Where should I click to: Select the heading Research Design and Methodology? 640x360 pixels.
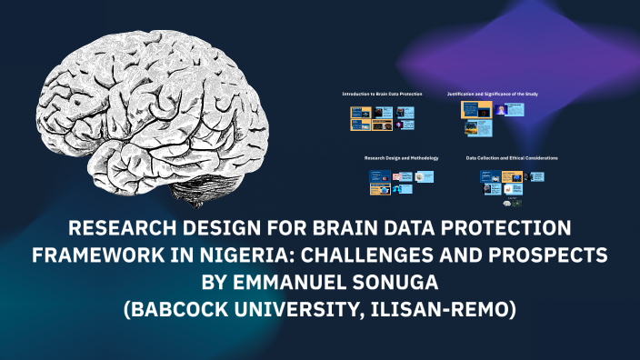coord(401,158)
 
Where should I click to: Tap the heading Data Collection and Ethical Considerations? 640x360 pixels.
coord(512,158)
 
